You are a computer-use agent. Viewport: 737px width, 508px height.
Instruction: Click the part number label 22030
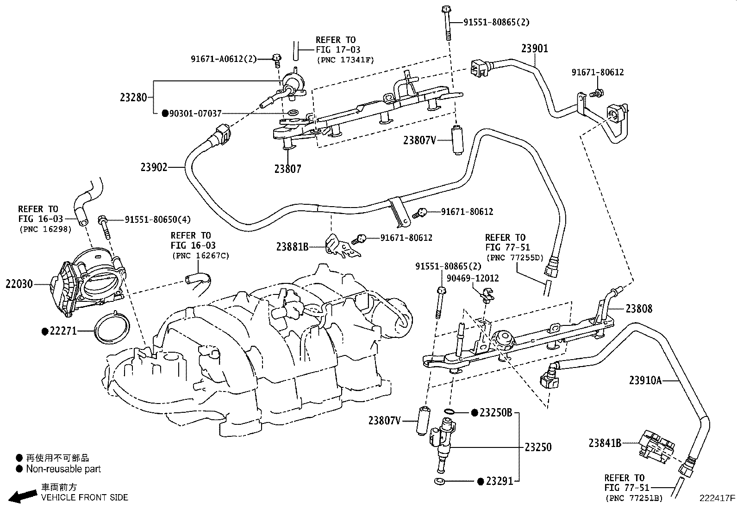point(19,283)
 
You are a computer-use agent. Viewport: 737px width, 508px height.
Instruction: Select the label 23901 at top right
point(535,49)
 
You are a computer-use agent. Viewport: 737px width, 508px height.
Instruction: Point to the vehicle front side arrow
point(22,496)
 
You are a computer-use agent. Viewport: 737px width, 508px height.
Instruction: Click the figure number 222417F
point(717,498)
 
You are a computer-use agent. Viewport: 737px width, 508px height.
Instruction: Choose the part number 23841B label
point(605,443)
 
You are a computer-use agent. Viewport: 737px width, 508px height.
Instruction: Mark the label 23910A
point(645,380)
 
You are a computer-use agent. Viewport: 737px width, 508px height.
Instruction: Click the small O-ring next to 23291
point(439,481)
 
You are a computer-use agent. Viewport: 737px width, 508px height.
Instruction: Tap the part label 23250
point(538,447)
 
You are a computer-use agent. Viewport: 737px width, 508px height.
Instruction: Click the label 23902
point(154,167)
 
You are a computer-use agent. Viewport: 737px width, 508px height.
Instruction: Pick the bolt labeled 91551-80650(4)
point(105,226)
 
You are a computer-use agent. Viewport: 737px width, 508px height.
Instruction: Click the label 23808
point(638,309)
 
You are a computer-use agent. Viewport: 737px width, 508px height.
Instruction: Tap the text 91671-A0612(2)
point(224,59)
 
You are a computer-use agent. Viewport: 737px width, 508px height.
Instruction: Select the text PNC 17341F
point(345,60)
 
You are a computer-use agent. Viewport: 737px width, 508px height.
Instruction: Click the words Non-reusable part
point(63,469)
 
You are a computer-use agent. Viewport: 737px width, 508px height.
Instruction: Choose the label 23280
point(133,97)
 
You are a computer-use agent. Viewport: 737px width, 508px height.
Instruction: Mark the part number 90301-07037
point(195,113)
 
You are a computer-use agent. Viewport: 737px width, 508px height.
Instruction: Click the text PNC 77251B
point(634,498)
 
